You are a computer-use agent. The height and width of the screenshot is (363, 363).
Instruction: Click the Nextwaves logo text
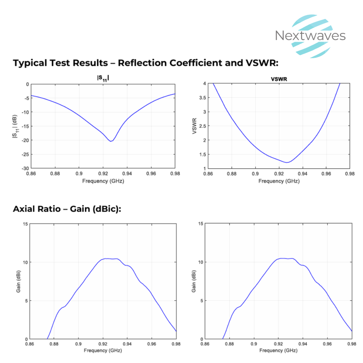(x=310, y=36)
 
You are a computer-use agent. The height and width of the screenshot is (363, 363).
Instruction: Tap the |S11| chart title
(x=103, y=78)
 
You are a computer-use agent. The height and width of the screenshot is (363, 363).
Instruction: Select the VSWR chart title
(x=279, y=79)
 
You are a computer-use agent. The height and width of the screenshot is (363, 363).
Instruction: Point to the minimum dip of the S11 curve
(x=111, y=141)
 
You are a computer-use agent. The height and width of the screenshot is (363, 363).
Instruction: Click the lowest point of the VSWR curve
(x=287, y=163)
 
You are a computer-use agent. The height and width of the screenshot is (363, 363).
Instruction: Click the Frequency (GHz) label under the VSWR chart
(x=279, y=181)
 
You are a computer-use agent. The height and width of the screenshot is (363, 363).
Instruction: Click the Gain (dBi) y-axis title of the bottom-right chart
(x=194, y=281)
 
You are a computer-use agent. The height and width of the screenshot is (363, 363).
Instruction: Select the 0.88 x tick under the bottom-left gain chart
(x=54, y=344)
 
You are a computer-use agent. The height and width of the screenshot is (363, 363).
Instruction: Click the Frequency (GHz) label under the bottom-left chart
(x=103, y=351)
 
